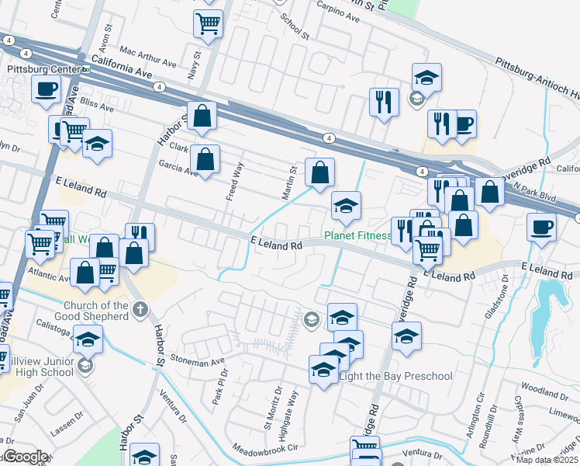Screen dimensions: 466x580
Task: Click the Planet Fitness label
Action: pos(357,235)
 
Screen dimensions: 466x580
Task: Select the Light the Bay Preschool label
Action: pos(395,377)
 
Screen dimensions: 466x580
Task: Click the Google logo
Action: pos(26,457)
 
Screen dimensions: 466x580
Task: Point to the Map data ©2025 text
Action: pos(547,461)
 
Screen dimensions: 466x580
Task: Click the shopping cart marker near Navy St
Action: pos(208,23)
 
